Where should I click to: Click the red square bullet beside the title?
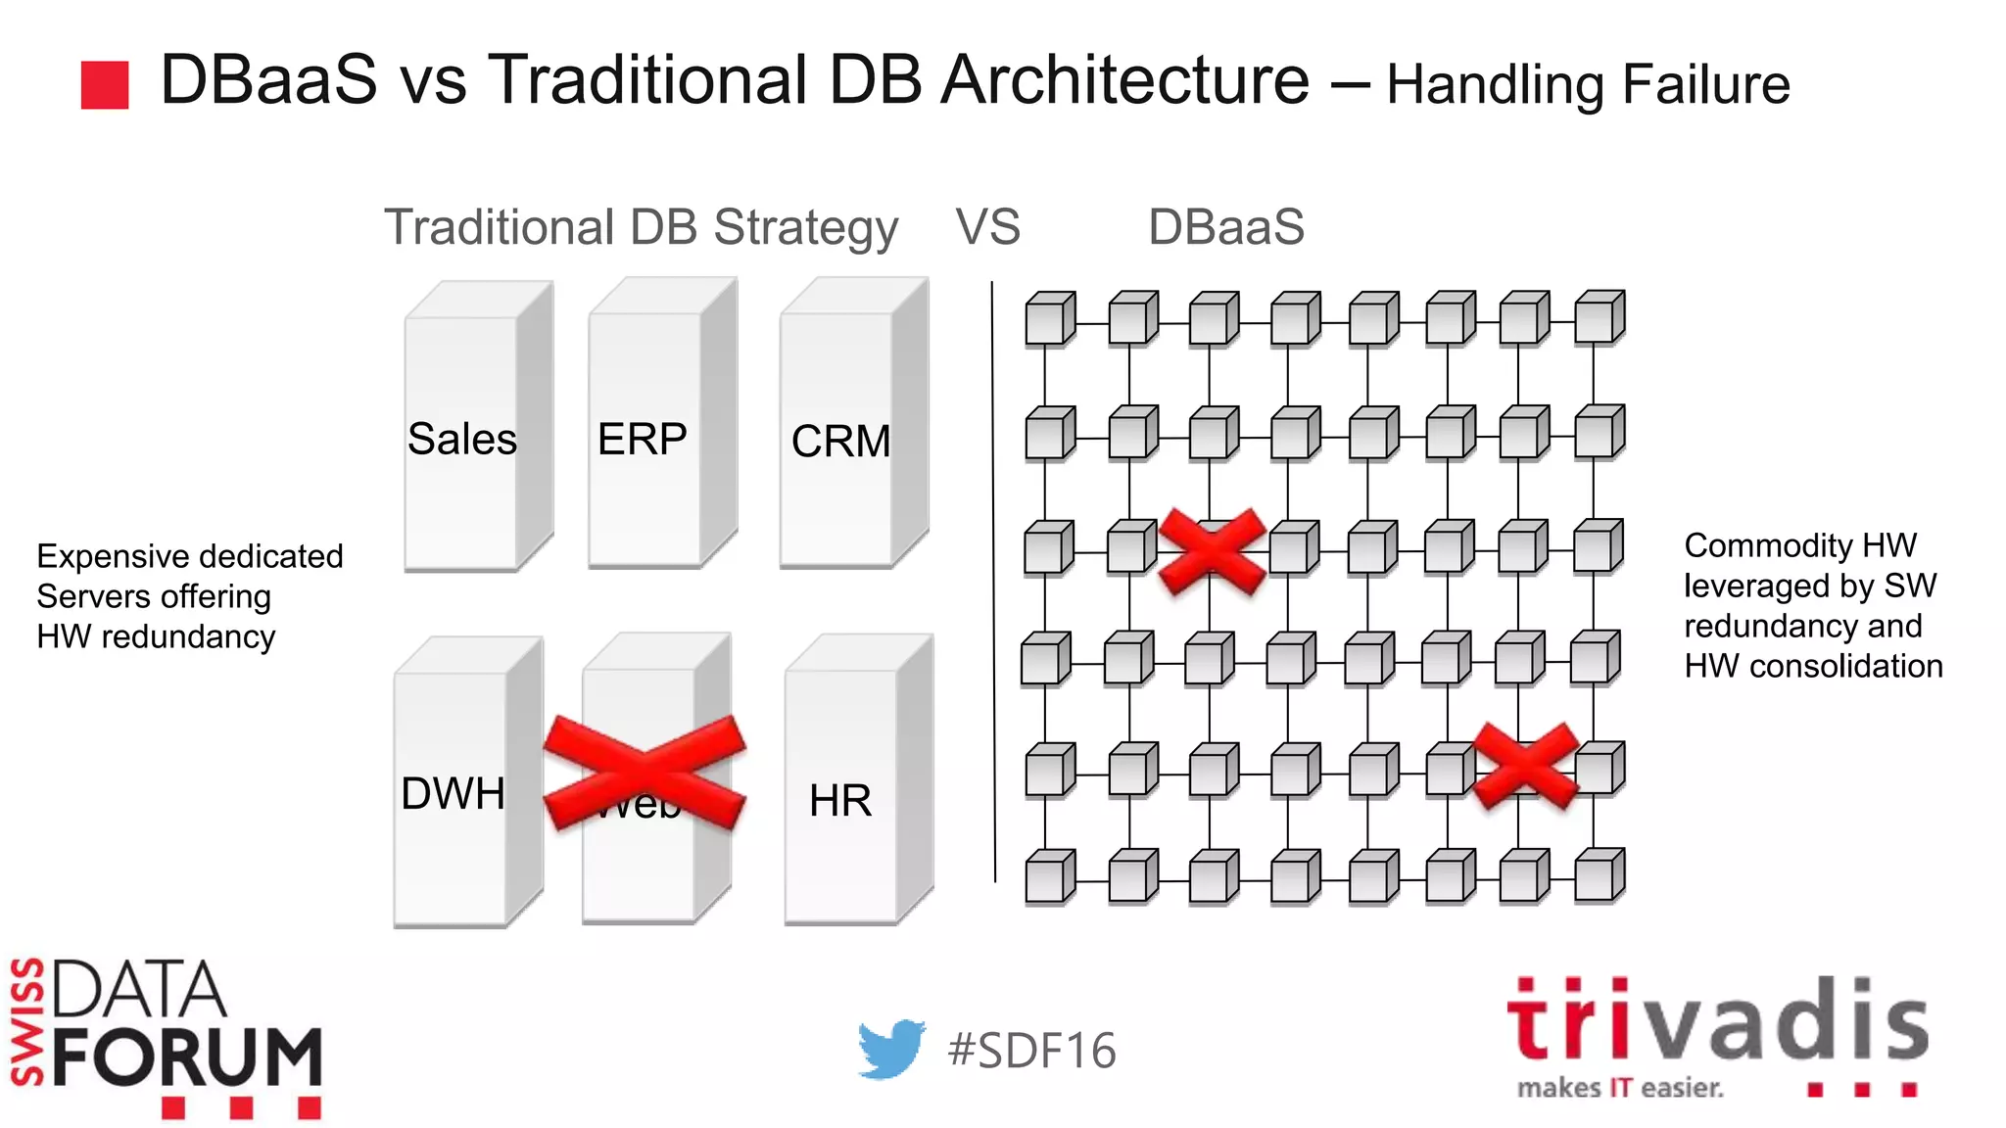[x=105, y=85]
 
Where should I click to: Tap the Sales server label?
[x=461, y=439]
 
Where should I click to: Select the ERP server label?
[x=642, y=439]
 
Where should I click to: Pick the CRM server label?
[x=840, y=442]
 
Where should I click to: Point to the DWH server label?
[x=453, y=794]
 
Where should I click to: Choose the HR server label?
[x=839, y=801]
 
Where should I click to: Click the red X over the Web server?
[x=645, y=772]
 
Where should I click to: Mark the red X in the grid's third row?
[x=1213, y=551]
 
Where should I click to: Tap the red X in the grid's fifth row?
[x=1526, y=766]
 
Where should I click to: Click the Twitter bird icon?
[x=890, y=1049]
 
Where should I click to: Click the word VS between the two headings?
[x=987, y=227]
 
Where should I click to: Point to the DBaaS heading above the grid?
[x=1225, y=227]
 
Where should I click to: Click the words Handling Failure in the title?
[x=1588, y=85]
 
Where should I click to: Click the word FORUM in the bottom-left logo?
[x=187, y=1057]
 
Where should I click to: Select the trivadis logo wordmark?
[x=1717, y=1021]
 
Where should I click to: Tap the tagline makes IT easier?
[x=1619, y=1088]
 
